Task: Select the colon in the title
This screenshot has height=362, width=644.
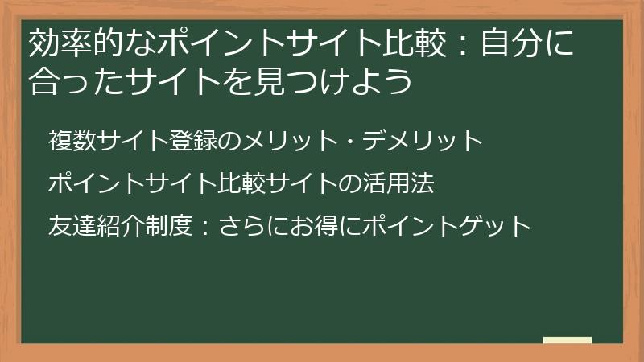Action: tap(461, 45)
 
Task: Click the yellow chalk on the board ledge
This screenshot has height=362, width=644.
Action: tap(567, 340)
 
